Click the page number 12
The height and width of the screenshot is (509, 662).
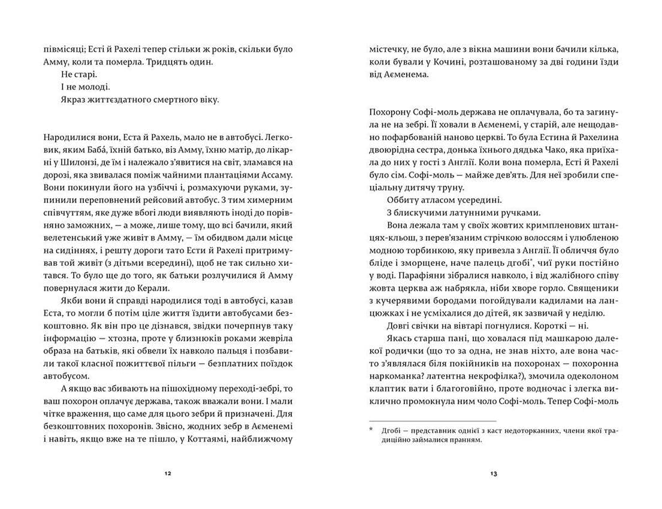point(168,474)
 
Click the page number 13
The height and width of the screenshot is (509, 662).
point(494,474)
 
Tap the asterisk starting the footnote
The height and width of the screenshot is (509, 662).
point(371,430)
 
